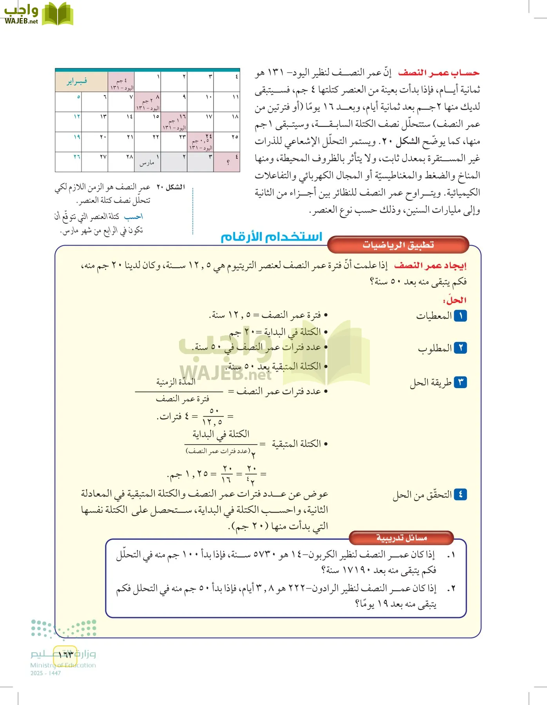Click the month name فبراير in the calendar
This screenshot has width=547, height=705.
coord(77,81)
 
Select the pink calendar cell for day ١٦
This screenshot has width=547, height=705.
coord(174,122)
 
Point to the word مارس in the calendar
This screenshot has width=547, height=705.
coord(147,163)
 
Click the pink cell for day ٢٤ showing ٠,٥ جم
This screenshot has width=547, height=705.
coord(201,142)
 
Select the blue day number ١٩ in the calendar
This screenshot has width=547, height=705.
coord(77,137)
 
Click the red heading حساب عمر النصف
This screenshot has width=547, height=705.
coord(438,73)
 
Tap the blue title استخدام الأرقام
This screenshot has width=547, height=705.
coord(271,237)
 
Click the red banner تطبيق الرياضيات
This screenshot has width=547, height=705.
coord(398,245)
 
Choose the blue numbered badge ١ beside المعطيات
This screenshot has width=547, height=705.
coord(460,316)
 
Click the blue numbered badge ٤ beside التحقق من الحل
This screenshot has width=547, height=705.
coord(460,495)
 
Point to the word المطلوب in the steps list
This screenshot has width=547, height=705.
coord(435,348)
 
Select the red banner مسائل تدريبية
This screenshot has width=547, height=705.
coord(401,538)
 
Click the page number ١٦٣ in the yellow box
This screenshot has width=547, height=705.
coord(65,654)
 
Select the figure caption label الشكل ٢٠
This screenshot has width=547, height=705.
coord(170,187)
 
